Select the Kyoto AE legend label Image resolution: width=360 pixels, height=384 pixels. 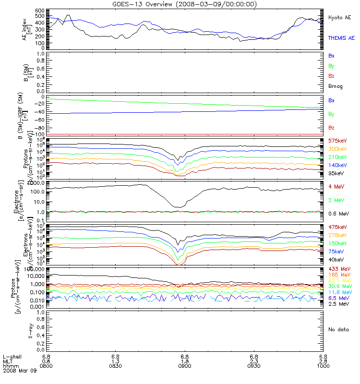pos(339,17)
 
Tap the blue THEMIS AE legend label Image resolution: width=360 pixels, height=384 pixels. pos(341,37)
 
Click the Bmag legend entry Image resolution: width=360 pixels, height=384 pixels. pos(335,86)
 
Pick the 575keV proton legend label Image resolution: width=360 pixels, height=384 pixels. pos(337,141)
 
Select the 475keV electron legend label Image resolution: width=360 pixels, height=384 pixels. pos(337,227)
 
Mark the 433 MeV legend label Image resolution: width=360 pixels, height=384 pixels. pos(338,268)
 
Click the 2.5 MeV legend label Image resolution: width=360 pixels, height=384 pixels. pos(338,304)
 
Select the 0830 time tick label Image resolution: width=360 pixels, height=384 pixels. pos(116,366)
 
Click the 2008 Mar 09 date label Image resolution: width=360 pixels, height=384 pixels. pos(17,371)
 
